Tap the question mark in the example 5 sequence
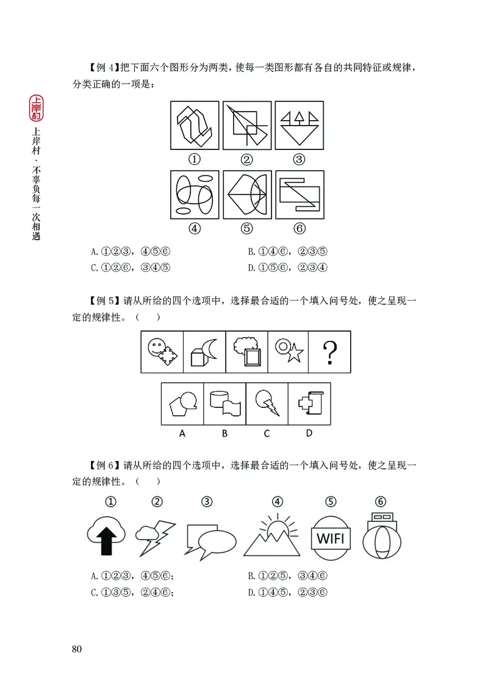tap(330, 352)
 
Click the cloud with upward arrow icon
tap(107, 535)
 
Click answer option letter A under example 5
tap(182, 434)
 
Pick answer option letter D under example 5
tap(309, 434)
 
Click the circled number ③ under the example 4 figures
tap(298, 160)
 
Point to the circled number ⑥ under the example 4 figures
tap(299, 229)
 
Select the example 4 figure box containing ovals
tap(195, 195)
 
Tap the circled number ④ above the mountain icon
tap(278, 502)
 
